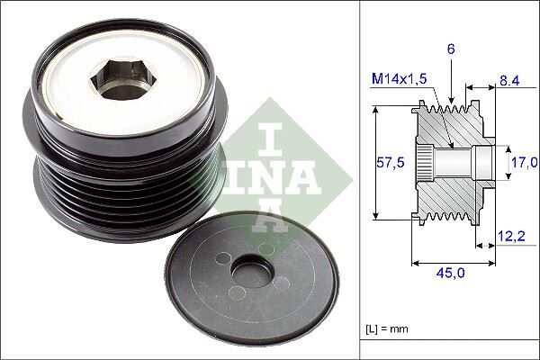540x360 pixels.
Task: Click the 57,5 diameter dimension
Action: click(389, 163)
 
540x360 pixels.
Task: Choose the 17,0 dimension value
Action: click(523, 163)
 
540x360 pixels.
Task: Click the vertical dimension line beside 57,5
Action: click(373, 163)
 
